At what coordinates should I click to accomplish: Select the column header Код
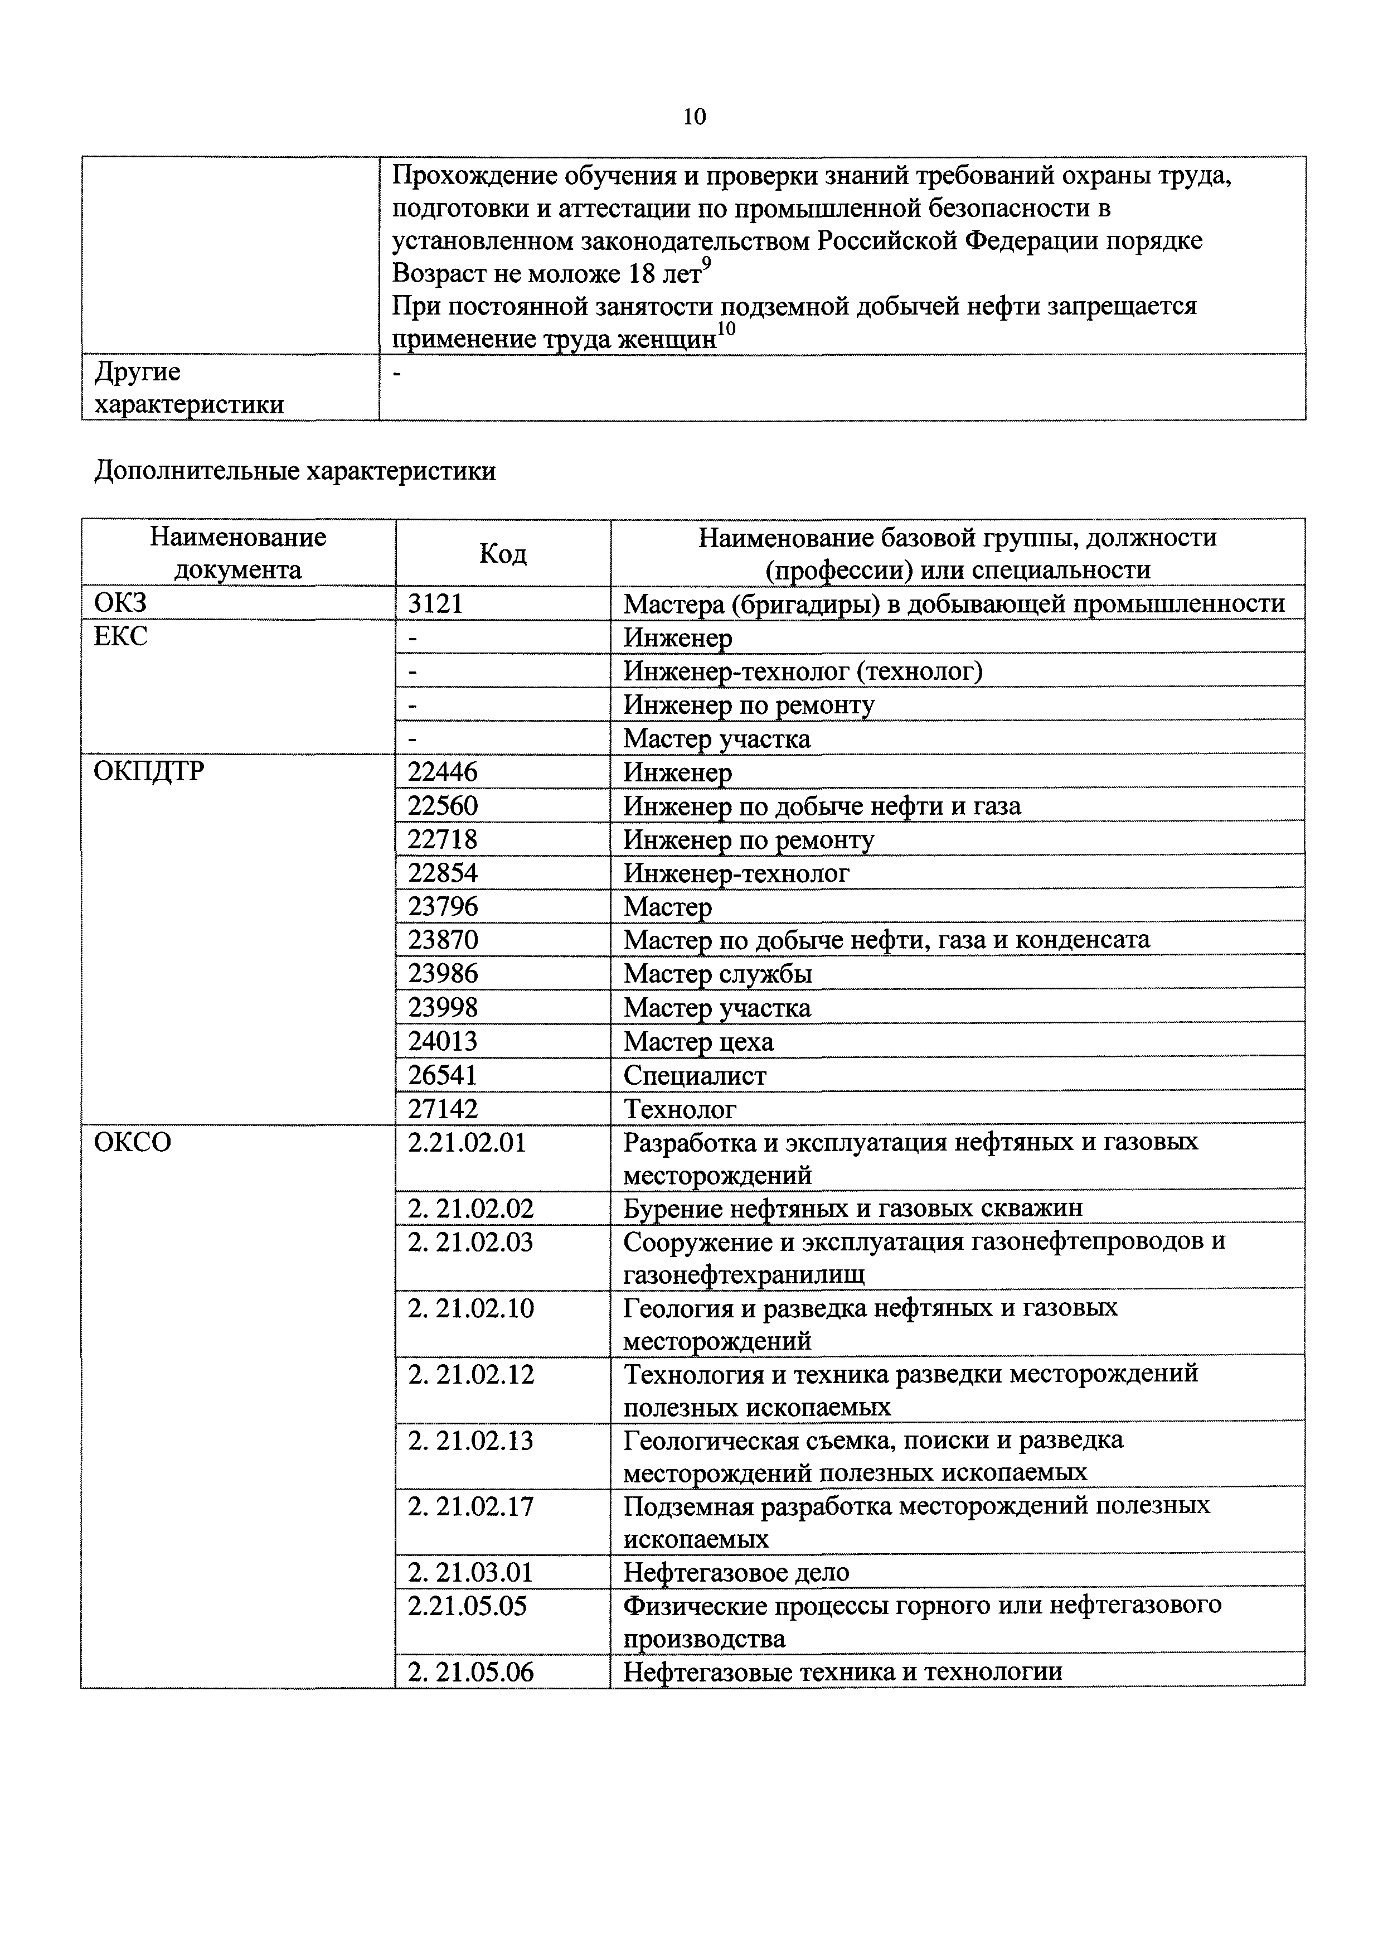[x=503, y=553]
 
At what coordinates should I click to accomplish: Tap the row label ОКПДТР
[x=149, y=771]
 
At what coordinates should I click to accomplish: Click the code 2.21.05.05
[x=467, y=1606]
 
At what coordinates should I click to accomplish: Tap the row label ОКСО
[x=132, y=1141]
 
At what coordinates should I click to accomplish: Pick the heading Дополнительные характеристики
[x=295, y=471]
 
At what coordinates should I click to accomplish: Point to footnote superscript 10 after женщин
[x=725, y=329]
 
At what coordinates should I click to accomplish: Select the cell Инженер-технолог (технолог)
[x=803, y=671]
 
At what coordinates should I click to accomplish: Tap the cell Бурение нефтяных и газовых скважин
[x=853, y=1208]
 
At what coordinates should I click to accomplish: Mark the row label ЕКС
[x=120, y=636]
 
